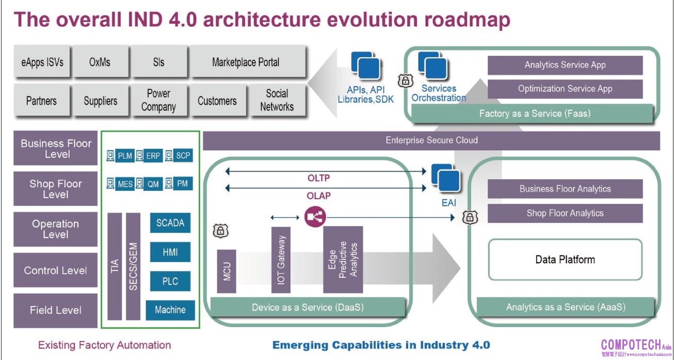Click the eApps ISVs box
42,62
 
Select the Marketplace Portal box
246,62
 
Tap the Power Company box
158,101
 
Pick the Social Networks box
277,101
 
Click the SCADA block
170,223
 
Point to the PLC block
170,281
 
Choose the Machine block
170,310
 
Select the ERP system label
153,156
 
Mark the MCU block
227,271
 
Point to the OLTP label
319,178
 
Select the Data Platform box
565,259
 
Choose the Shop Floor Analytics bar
565,213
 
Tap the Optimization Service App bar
565,89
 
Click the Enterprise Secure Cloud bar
431,140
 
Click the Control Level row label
55,270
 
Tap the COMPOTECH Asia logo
636,346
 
